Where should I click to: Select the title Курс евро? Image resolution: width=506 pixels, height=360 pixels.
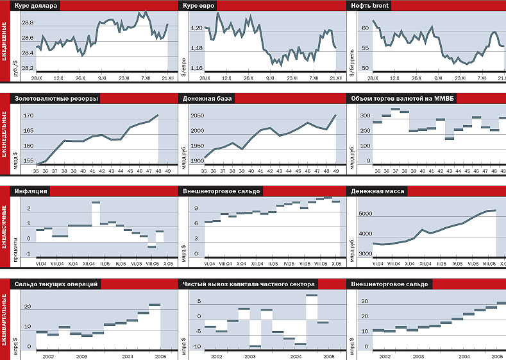(x=199, y=6)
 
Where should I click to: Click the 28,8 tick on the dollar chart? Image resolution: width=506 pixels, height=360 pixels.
(x=28, y=23)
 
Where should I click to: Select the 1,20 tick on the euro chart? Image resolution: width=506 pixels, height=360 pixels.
(x=197, y=28)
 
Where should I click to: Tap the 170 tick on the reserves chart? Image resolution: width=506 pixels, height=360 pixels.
(x=28, y=116)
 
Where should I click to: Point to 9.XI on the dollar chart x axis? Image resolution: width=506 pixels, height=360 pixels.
(x=101, y=78)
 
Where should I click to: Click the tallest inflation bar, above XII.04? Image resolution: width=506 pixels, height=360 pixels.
(x=96, y=202)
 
